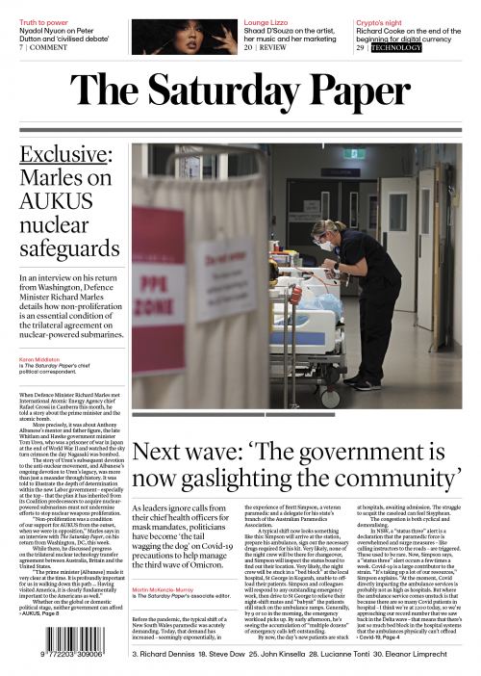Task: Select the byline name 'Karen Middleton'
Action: click(x=39, y=358)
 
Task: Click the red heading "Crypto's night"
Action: click(x=384, y=20)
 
